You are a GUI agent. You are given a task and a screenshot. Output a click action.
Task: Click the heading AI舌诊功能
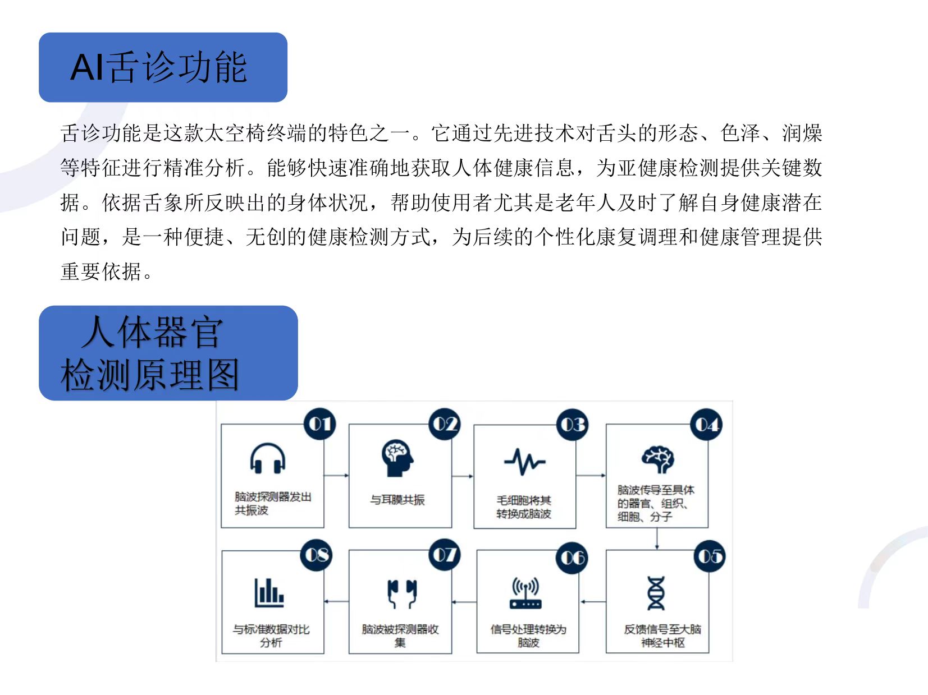click(158, 67)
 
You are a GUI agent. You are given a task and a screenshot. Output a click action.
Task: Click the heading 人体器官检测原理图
click(150, 353)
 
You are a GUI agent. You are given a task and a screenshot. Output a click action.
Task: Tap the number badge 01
click(319, 424)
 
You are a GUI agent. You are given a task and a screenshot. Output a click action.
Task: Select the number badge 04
click(706, 424)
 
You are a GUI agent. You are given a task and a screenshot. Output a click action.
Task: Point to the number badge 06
click(572, 558)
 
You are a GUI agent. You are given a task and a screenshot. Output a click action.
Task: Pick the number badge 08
click(316, 555)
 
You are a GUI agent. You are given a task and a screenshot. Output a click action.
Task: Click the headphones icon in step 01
click(268, 458)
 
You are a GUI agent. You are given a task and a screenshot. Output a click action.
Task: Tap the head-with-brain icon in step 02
click(397, 458)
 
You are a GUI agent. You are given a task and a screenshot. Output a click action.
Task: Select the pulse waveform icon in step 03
click(525, 462)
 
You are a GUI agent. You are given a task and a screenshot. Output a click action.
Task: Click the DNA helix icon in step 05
click(656, 593)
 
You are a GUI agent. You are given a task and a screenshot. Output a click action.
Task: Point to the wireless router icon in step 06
click(525, 593)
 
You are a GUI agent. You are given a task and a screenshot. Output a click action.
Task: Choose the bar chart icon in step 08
click(269, 593)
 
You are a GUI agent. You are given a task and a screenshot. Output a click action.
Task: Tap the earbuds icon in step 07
click(402, 593)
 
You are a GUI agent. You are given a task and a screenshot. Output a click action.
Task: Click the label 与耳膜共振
click(397, 500)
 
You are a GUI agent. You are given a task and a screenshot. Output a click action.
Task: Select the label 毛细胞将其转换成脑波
click(524, 507)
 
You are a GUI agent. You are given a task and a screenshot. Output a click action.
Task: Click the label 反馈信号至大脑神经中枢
click(662, 636)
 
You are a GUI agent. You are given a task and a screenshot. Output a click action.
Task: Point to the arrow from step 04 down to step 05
click(657, 538)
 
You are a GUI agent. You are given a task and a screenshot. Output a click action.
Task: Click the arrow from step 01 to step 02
click(336, 476)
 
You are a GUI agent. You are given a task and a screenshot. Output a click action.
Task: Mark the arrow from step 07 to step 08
click(336, 601)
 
